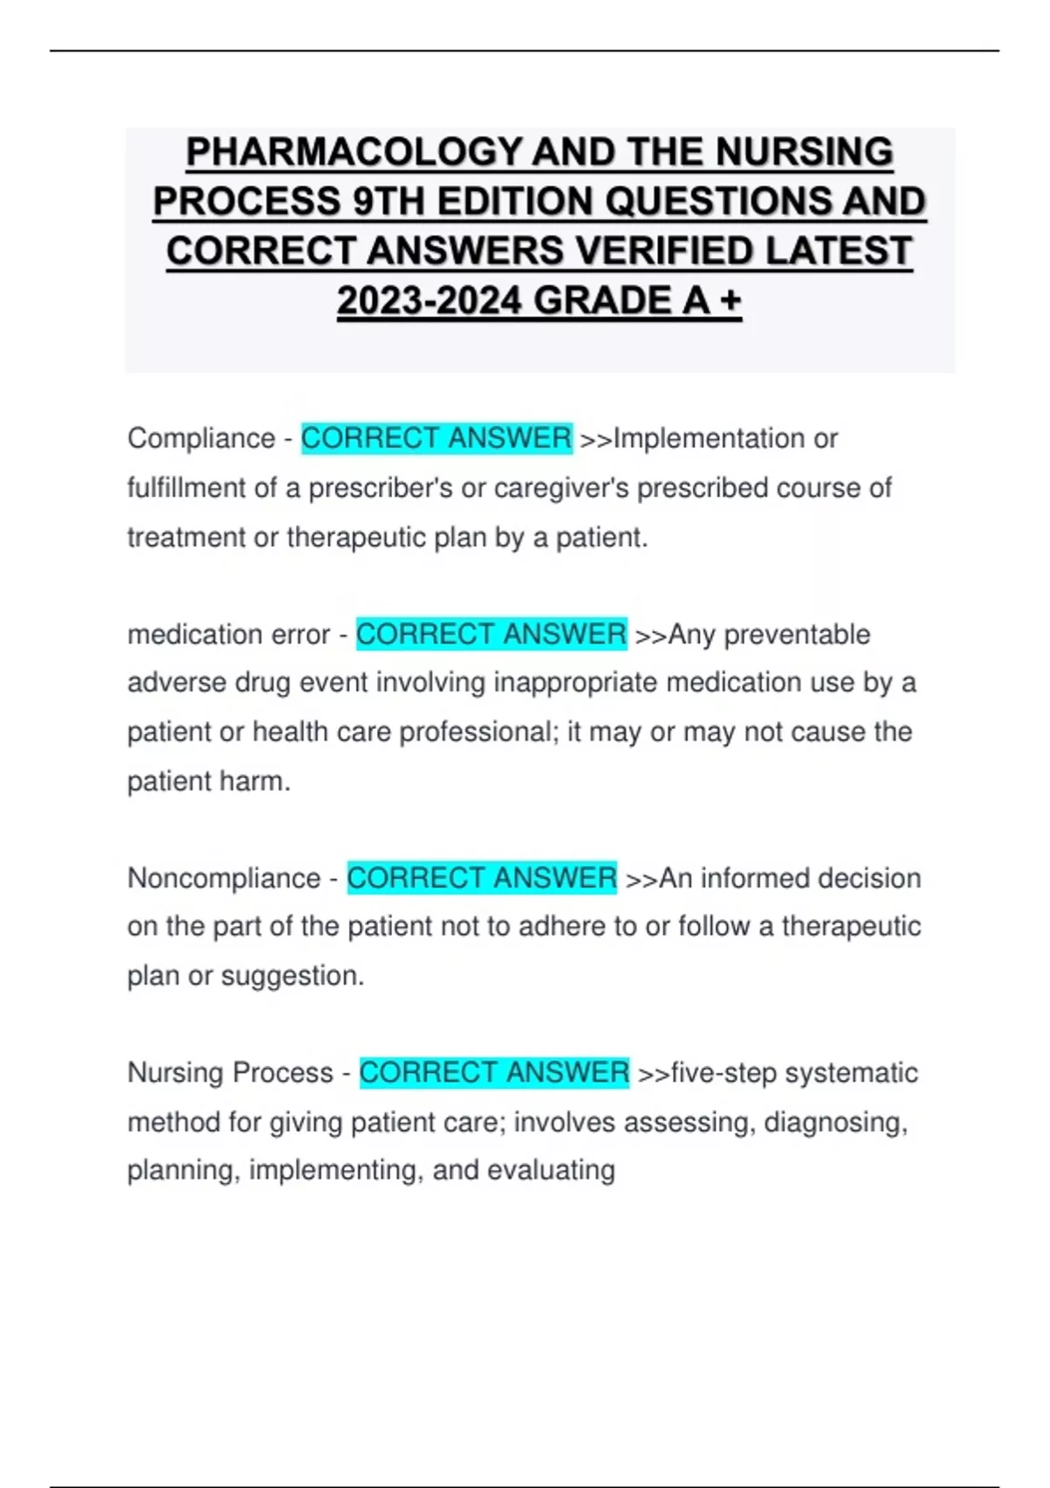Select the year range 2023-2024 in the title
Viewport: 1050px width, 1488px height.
point(429,301)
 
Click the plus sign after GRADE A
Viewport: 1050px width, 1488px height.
point(730,301)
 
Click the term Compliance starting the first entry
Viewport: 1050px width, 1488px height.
point(201,438)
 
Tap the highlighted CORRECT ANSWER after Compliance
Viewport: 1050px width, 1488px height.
point(436,438)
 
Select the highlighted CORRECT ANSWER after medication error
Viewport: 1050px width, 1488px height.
point(491,634)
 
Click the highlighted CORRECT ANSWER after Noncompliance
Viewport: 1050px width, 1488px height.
point(482,878)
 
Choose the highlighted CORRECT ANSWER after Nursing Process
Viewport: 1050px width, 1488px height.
point(494,1072)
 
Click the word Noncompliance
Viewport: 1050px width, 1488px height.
point(224,878)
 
